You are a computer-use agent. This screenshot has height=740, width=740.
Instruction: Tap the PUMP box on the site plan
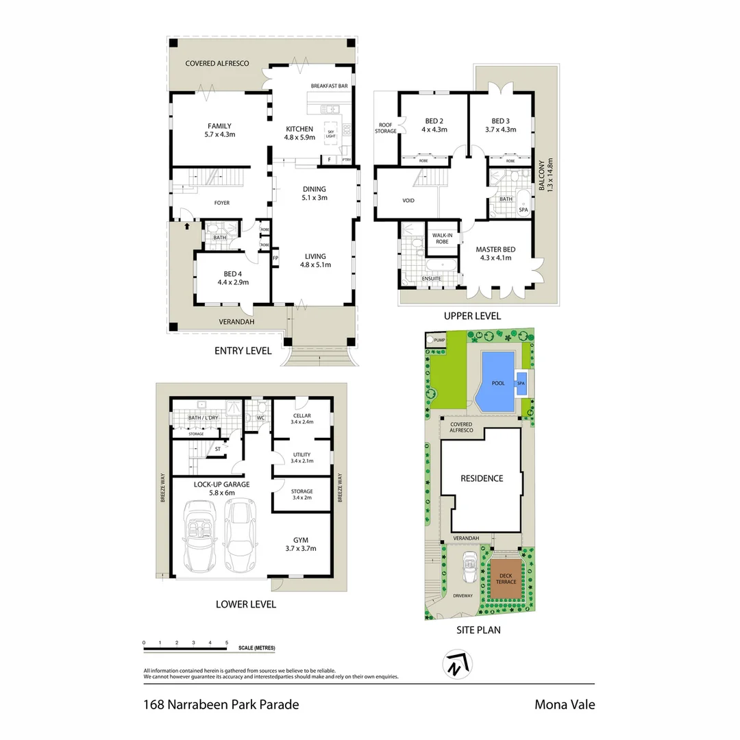tap(439, 339)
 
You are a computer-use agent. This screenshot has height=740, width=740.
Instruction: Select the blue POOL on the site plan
tap(497, 382)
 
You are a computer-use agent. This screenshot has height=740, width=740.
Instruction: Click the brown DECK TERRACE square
tap(506, 578)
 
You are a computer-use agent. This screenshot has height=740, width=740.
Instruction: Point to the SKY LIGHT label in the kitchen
tap(331, 134)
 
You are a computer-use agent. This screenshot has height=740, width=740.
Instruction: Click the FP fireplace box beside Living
tap(275, 258)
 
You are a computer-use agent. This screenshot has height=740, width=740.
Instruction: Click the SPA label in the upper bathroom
tap(523, 210)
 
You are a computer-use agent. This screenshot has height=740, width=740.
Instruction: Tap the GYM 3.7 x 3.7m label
tap(300, 544)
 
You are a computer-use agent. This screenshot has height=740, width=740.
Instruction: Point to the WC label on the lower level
tap(260, 417)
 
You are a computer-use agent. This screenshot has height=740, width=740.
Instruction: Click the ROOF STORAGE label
tap(386, 127)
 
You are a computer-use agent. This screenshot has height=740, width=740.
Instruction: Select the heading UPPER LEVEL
tap(473, 316)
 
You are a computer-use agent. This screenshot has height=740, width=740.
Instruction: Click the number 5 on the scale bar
tap(227, 643)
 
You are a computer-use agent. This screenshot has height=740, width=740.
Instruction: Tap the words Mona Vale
tap(565, 704)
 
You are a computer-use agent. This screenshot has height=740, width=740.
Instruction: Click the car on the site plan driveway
tap(470, 566)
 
